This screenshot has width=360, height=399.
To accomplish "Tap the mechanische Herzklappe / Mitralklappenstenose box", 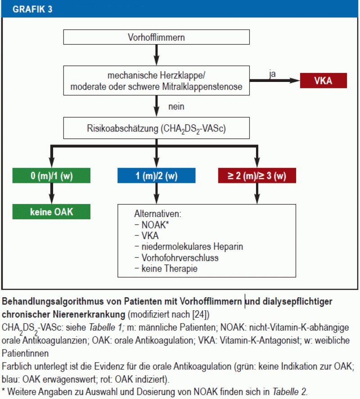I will click(x=156, y=81).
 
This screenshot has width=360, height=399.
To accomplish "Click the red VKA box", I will click(x=324, y=81).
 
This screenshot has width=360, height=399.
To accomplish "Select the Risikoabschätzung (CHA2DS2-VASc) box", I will click(x=156, y=129).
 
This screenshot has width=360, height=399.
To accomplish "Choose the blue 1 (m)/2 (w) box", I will click(x=156, y=176).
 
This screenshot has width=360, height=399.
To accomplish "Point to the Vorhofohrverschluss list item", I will click(x=180, y=258).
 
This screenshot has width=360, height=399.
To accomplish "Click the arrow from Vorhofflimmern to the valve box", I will click(x=156, y=55).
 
